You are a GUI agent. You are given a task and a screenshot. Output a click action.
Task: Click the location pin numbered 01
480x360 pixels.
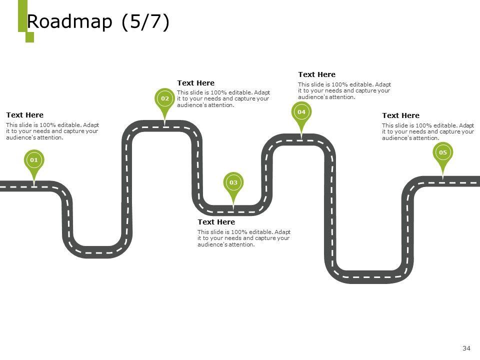[x=33, y=160]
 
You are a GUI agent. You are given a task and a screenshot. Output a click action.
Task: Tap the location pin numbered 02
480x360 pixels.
[x=165, y=99]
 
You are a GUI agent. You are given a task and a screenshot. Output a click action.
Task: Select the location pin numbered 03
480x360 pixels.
[x=233, y=183]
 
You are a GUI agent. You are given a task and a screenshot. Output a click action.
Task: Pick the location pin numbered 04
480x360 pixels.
[x=301, y=112]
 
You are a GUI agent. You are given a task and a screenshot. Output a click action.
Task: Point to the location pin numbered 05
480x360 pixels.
[x=442, y=152]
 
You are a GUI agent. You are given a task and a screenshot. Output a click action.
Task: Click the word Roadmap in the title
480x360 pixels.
[x=69, y=22]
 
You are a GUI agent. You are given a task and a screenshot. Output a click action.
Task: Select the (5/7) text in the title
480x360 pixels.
[x=145, y=22]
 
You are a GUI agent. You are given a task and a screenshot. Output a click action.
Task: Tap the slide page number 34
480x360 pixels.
[x=467, y=348]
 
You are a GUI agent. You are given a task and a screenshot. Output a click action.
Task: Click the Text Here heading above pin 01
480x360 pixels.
[x=24, y=115]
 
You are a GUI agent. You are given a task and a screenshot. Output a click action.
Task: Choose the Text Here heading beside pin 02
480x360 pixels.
[x=195, y=83]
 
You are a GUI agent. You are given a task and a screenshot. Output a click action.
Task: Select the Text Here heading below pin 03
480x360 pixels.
[x=216, y=222]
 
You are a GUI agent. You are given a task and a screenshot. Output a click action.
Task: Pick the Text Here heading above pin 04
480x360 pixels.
[x=316, y=74]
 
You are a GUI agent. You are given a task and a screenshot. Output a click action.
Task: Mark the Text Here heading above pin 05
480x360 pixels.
[x=400, y=115]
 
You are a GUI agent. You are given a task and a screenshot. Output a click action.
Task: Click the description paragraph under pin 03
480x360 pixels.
[x=243, y=238]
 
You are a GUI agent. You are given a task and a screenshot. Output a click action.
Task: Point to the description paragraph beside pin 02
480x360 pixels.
[x=223, y=99]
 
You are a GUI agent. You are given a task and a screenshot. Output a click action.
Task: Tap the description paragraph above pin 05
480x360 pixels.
[x=427, y=131]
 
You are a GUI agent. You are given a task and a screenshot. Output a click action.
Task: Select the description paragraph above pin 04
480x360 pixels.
[x=344, y=90]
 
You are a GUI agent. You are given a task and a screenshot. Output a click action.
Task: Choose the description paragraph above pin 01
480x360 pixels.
[x=52, y=131]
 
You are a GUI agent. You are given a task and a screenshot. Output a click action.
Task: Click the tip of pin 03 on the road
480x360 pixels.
[x=233, y=205]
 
